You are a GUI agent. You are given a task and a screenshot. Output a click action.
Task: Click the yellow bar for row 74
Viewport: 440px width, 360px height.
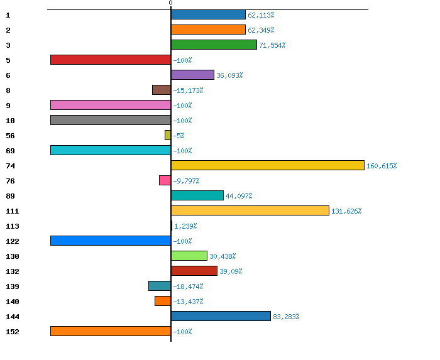[x=267, y=165]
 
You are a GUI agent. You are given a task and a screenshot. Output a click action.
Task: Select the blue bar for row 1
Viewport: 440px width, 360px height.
[x=208, y=14]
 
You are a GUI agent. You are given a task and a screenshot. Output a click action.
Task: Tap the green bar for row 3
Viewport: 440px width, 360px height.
[x=214, y=45]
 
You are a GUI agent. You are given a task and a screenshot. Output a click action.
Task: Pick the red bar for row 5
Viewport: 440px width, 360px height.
[x=111, y=60]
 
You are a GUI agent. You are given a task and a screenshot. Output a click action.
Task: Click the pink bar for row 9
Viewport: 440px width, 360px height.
[x=111, y=105]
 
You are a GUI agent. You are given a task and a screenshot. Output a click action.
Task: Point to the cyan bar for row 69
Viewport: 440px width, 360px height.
[x=111, y=150]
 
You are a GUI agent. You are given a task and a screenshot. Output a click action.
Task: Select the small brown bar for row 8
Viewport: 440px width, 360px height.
[x=162, y=90]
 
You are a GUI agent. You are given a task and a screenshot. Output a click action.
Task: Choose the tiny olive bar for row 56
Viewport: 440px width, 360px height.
[x=168, y=135]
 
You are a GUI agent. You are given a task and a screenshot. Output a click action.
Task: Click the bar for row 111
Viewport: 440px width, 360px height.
[x=250, y=210]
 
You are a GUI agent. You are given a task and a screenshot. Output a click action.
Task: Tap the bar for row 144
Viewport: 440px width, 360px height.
[x=221, y=316]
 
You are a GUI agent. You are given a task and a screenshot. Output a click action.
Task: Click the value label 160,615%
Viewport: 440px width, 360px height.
[x=382, y=166]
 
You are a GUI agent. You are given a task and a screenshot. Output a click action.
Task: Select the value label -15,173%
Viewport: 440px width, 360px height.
[x=188, y=90]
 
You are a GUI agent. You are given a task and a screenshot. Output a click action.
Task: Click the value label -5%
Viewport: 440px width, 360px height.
[x=179, y=136]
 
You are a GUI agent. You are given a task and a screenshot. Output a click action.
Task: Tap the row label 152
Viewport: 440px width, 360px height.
[x=12, y=332]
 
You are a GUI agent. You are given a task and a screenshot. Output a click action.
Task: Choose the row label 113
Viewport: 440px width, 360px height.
[x=12, y=226]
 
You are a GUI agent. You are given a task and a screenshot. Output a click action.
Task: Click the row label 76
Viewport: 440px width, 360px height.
[x=10, y=181]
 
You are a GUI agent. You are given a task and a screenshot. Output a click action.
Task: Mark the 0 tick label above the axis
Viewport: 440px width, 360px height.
[x=170, y=3]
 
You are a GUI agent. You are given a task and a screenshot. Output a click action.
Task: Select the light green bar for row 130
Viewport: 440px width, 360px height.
[x=189, y=256]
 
